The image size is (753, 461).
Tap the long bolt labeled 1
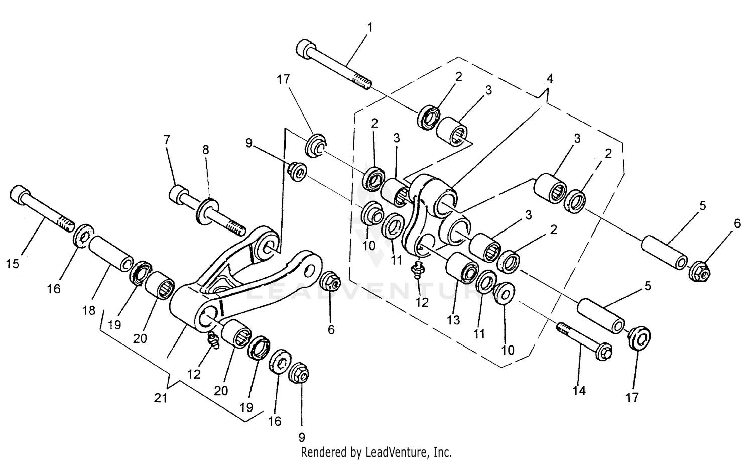click(x=334, y=65)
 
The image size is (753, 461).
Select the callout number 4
click(x=550, y=79)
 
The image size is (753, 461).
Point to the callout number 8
click(x=206, y=150)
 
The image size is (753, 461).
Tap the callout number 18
click(x=89, y=311)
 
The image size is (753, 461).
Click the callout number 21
click(x=161, y=398)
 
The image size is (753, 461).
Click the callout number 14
click(x=579, y=390)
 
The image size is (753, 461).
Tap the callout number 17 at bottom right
click(x=632, y=397)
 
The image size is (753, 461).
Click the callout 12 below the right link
click(x=422, y=302)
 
